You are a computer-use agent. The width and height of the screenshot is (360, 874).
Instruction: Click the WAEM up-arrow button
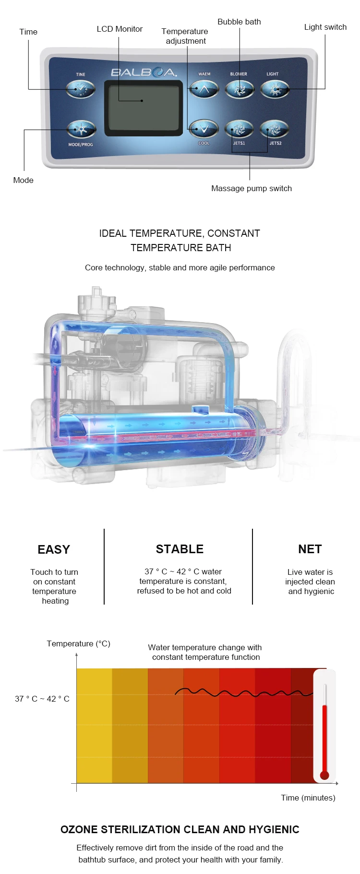click(x=204, y=89)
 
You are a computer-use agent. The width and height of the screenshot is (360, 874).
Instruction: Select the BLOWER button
click(x=240, y=89)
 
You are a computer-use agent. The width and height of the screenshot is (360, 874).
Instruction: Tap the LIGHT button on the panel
click(x=275, y=89)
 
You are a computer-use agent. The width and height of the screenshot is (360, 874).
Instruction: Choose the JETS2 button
click(x=274, y=129)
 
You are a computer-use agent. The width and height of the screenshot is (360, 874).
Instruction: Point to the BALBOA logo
click(x=144, y=73)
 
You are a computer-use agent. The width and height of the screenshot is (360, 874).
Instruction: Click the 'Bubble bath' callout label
click(x=239, y=22)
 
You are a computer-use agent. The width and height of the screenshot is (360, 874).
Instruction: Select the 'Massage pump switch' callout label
click(x=252, y=188)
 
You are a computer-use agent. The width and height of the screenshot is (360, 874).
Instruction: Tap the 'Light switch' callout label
click(x=325, y=27)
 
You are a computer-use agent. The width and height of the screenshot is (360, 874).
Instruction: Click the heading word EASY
click(x=54, y=549)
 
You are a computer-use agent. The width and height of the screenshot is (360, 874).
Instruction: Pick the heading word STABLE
click(x=180, y=549)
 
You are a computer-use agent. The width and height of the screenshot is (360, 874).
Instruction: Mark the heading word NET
click(x=310, y=549)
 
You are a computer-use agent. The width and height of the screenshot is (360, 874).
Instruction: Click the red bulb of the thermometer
click(x=324, y=775)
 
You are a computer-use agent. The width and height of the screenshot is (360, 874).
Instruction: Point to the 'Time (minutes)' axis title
click(x=308, y=798)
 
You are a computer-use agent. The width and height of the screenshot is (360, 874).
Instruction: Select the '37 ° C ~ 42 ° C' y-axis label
click(x=42, y=699)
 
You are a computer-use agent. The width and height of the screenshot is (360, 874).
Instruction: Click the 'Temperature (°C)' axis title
click(x=79, y=643)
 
